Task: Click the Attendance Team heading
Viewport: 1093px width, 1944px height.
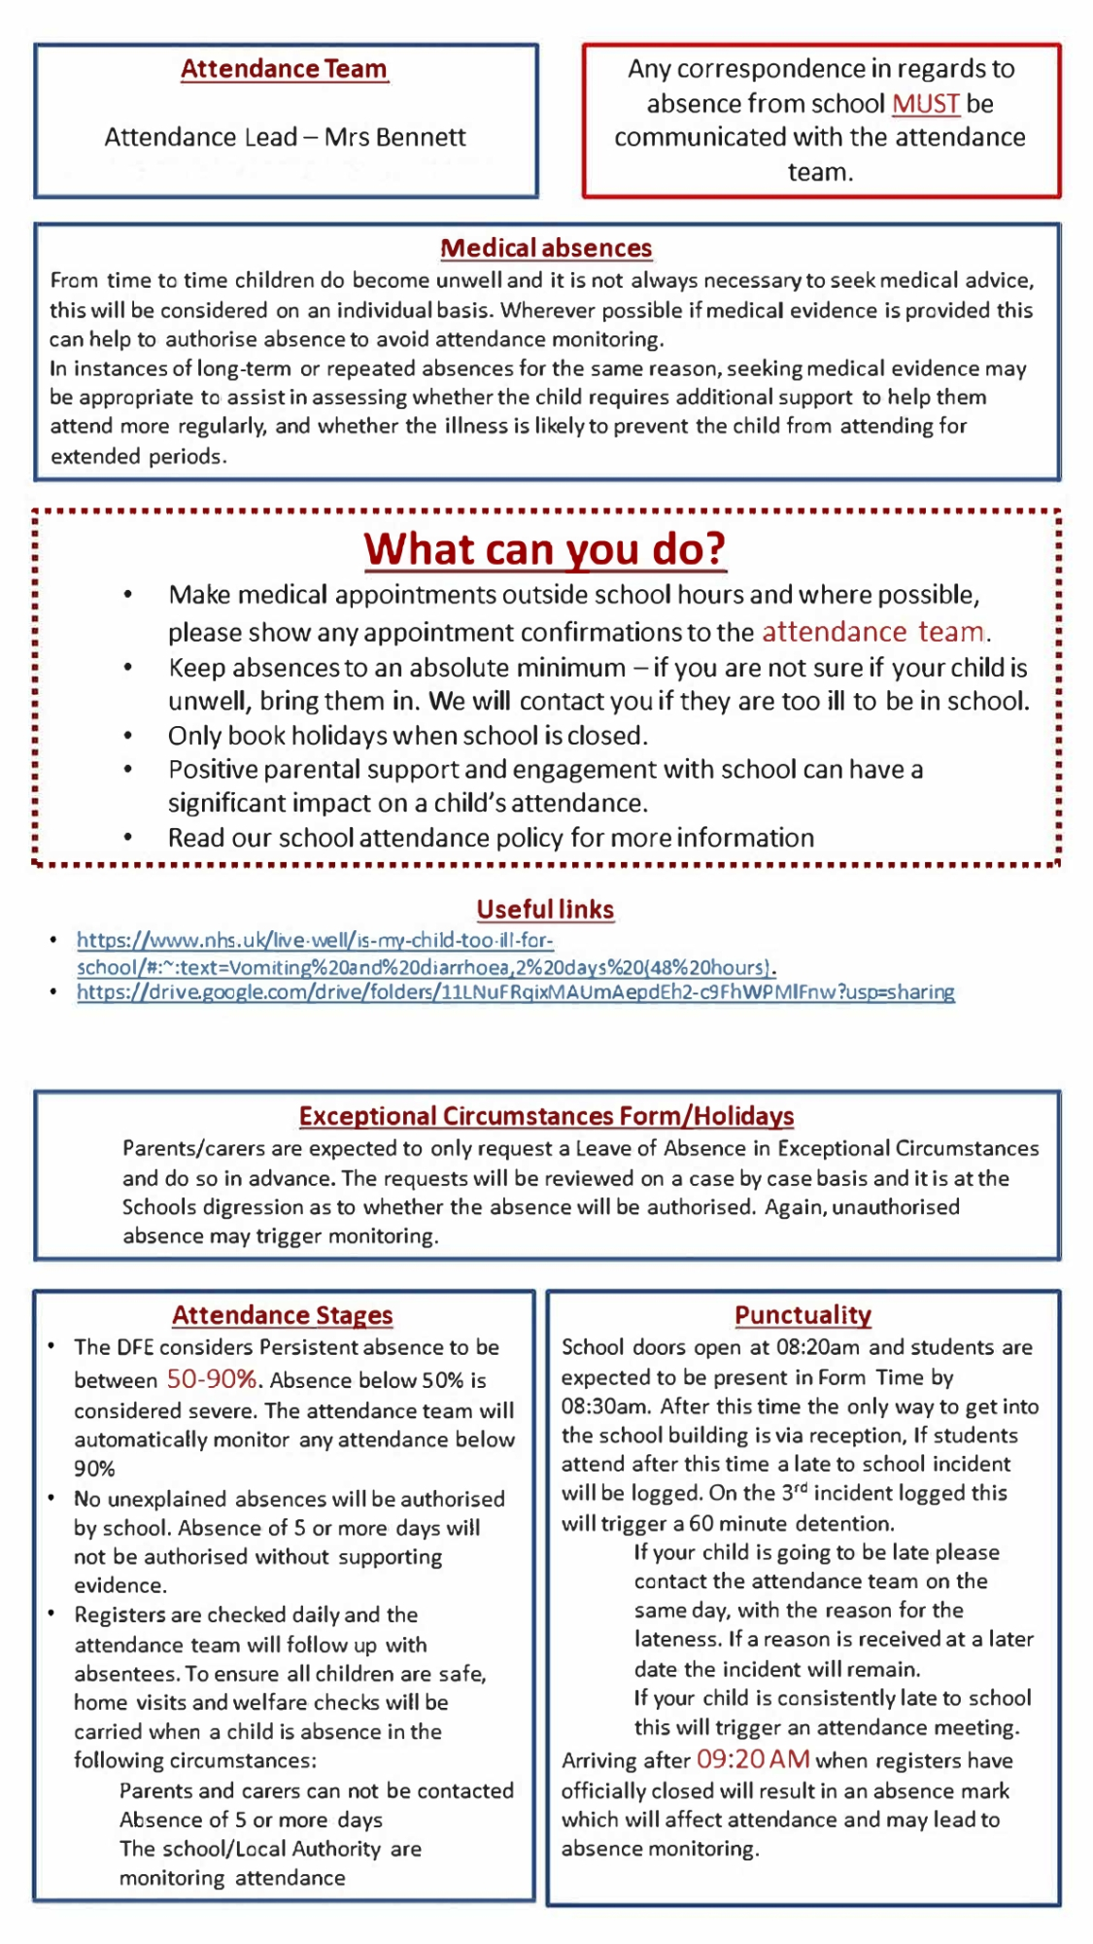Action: [284, 69]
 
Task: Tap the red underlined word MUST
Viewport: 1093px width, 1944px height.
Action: [925, 103]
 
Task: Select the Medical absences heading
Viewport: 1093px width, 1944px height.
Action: [546, 249]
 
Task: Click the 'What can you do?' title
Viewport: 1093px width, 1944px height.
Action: [545, 549]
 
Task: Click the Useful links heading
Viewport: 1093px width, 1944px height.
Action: [545, 910]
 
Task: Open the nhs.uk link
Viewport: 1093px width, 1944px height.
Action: [315, 941]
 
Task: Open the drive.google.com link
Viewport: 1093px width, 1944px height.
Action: [515, 992]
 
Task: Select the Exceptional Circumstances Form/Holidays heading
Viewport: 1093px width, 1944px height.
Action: [546, 1116]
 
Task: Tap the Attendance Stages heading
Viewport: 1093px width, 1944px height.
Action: [282, 1315]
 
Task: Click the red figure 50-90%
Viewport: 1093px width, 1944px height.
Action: [212, 1379]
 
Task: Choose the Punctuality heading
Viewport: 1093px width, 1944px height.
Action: [803, 1315]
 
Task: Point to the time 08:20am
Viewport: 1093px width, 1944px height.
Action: [818, 1348]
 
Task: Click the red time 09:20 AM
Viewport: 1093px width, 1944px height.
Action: [753, 1759]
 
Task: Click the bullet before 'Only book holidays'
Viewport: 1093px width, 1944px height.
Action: [127, 737]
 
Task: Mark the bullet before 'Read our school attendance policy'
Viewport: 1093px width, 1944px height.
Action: [127, 839]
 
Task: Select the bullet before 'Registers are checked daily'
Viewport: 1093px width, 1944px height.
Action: [51, 1614]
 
